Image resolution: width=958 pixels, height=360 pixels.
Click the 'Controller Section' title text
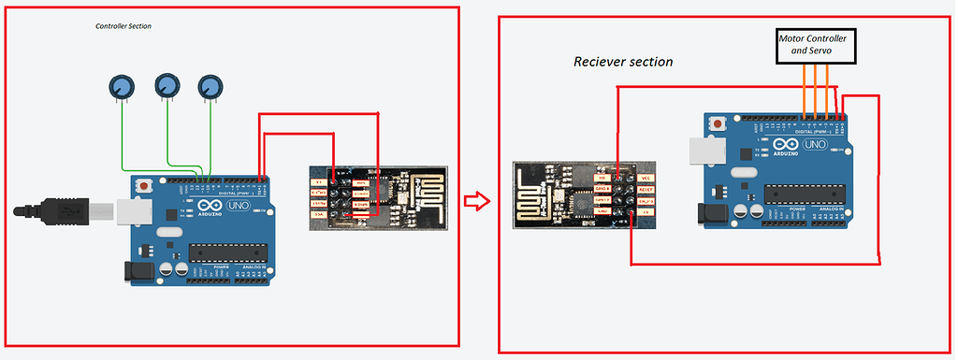[123, 27]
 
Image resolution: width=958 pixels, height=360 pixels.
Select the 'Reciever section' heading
[623, 62]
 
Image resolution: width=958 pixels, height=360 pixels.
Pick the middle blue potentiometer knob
[167, 86]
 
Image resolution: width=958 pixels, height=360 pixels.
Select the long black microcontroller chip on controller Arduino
[225, 252]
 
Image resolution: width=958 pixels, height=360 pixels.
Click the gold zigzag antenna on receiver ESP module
[536, 197]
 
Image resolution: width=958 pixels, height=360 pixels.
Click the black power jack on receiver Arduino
[715, 212]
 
